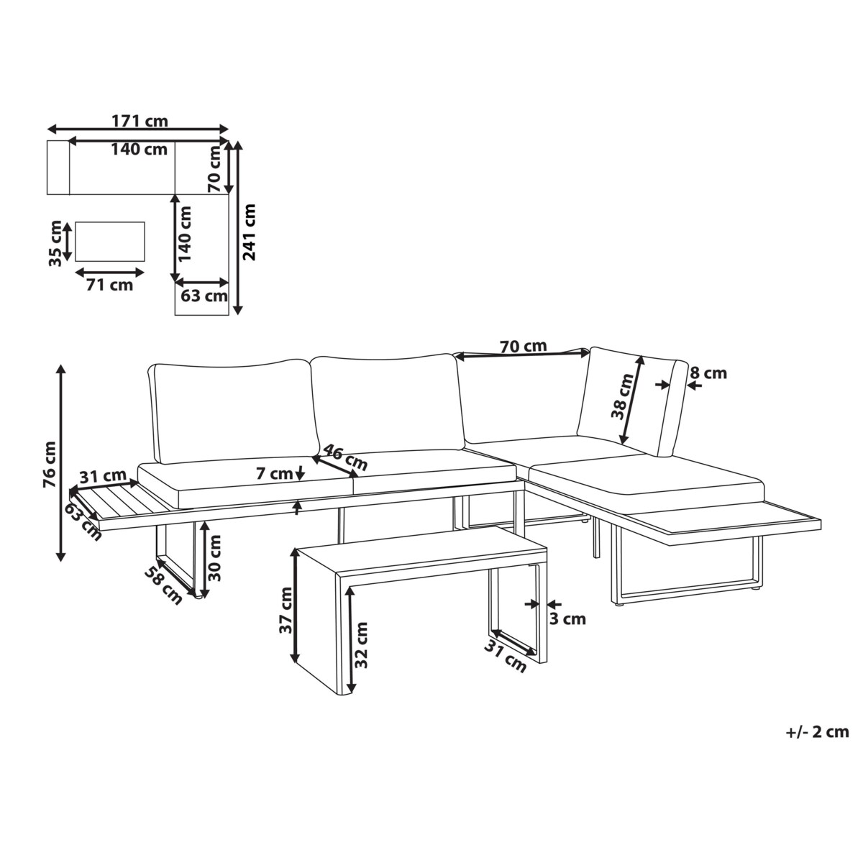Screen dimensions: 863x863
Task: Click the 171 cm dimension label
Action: pyautogui.click(x=140, y=121)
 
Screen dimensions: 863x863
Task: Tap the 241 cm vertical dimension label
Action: pyautogui.click(x=248, y=232)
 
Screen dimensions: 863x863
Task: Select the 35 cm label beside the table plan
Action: pyautogui.click(x=55, y=243)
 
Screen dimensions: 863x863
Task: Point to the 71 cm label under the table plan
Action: pyautogui.click(x=110, y=285)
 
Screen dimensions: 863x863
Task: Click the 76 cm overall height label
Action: pyautogui.click(x=50, y=465)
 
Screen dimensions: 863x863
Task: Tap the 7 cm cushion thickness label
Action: pyautogui.click(x=274, y=473)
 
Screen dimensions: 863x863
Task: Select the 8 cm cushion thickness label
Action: pyautogui.click(x=708, y=373)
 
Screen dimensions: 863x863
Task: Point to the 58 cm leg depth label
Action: pyautogui.click(x=163, y=585)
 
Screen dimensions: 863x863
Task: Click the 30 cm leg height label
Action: pyautogui.click(x=215, y=558)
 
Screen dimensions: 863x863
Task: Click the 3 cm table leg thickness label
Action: pyautogui.click(x=567, y=619)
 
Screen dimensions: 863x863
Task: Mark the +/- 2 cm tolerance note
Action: pyautogui.click(x=817, y=732)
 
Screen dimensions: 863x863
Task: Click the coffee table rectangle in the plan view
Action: pyautogui.click(x=110, y=242)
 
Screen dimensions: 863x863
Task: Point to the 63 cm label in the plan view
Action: pyautogui.click(x=204, y=296)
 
